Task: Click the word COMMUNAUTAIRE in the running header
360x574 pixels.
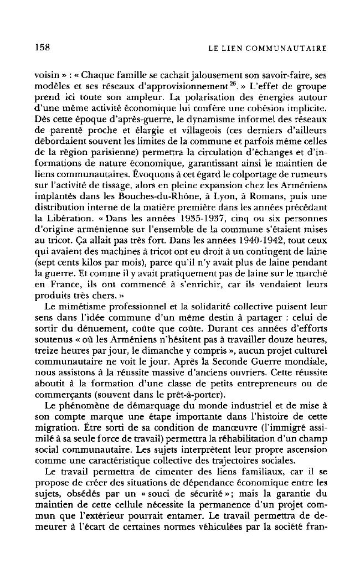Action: (x=290, y=49)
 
